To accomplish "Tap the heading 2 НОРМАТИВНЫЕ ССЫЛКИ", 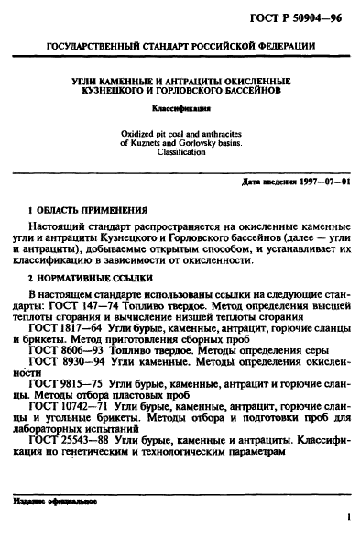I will pyautogui.click(x=93, y=276).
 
